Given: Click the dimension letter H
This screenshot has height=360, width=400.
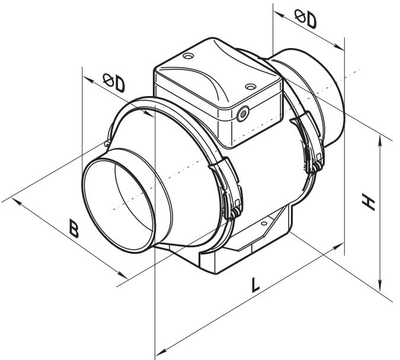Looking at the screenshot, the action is [x=368, y=202].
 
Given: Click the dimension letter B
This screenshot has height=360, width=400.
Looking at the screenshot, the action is [x=74, y=228].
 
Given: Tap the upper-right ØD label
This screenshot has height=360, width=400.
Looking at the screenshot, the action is [x=306, y=18].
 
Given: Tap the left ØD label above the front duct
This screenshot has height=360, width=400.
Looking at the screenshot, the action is [x=114, y=82].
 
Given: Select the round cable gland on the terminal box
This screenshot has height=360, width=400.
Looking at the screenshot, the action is [x=242, y=114].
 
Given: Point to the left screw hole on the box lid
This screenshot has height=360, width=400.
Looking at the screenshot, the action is [x=188, y=56].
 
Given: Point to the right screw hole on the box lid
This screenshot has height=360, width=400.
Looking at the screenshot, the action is [x=250, y=87].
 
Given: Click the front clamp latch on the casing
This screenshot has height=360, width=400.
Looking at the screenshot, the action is [x=227, y=188].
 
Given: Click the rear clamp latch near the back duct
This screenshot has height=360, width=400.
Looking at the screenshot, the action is [x=308, y=142].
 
